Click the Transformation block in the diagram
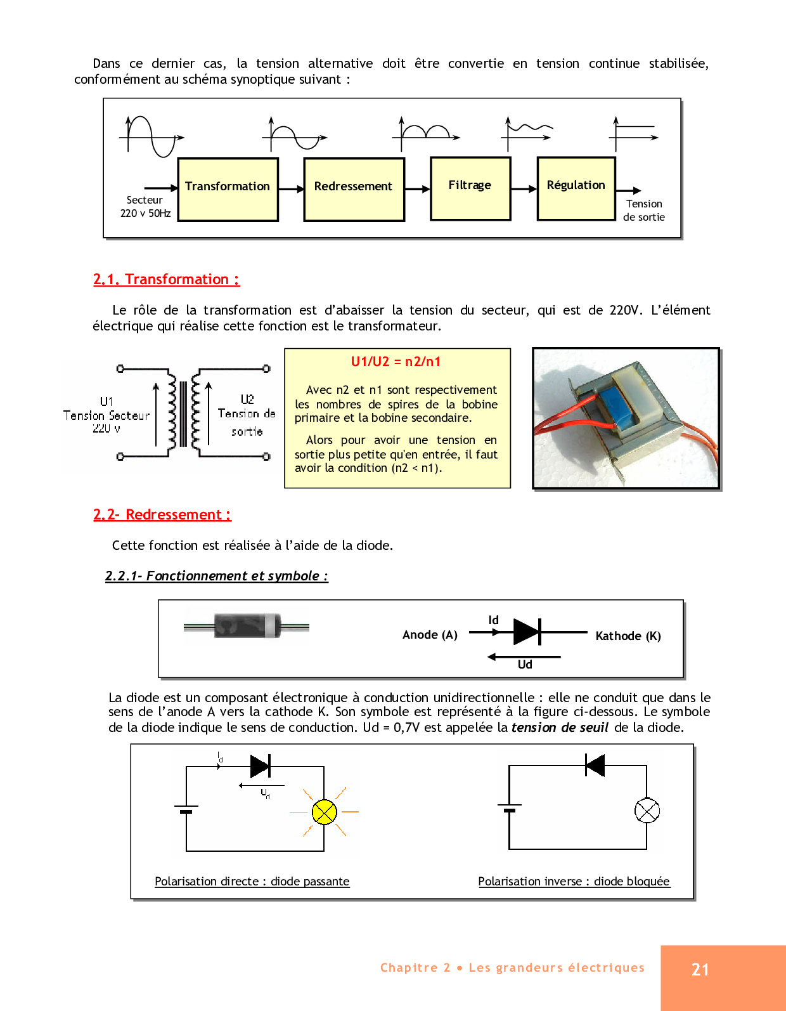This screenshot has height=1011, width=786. pos(228,189)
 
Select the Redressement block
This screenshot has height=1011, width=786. pos(354,189)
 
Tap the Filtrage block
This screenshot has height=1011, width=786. pos(470,188)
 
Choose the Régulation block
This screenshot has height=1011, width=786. pos(576,188)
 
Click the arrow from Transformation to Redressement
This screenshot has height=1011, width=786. pos(292,189)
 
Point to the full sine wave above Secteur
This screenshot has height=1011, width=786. pos(151,136)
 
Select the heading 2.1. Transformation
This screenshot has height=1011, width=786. pos(166,279)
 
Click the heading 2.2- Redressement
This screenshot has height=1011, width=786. pos(162,514)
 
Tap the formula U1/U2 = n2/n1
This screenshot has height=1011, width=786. pos(396,362)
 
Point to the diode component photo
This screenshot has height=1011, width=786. pos(247,626)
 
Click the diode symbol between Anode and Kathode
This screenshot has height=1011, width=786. pos(527,632)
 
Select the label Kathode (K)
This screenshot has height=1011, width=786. pos(628,636)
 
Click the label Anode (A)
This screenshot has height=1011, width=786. pos(430,635)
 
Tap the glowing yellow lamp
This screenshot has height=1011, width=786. pos(325,812)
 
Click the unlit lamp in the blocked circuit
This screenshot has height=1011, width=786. pos(647,810)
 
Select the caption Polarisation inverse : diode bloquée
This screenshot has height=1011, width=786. pos(574,881)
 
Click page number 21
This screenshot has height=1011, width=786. pos(700,969)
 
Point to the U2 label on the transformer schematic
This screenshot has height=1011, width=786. pos(247,400)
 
